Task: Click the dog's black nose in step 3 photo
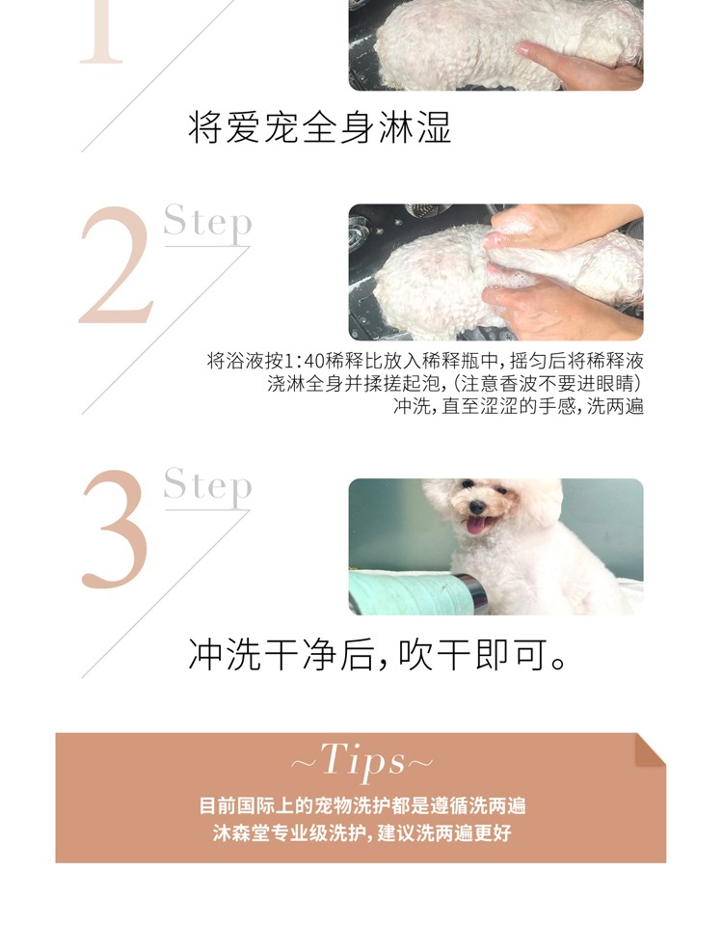tap(477, 506)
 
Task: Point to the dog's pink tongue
tap(475, 525)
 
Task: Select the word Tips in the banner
tap(363, 761)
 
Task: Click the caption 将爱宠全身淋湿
tap(319, 127)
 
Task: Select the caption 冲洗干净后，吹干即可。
tap(378, 654)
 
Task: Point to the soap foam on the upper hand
tap(512, 225)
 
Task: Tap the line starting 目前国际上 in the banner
tap(361, 805)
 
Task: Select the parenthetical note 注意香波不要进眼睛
tap(548, 384)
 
